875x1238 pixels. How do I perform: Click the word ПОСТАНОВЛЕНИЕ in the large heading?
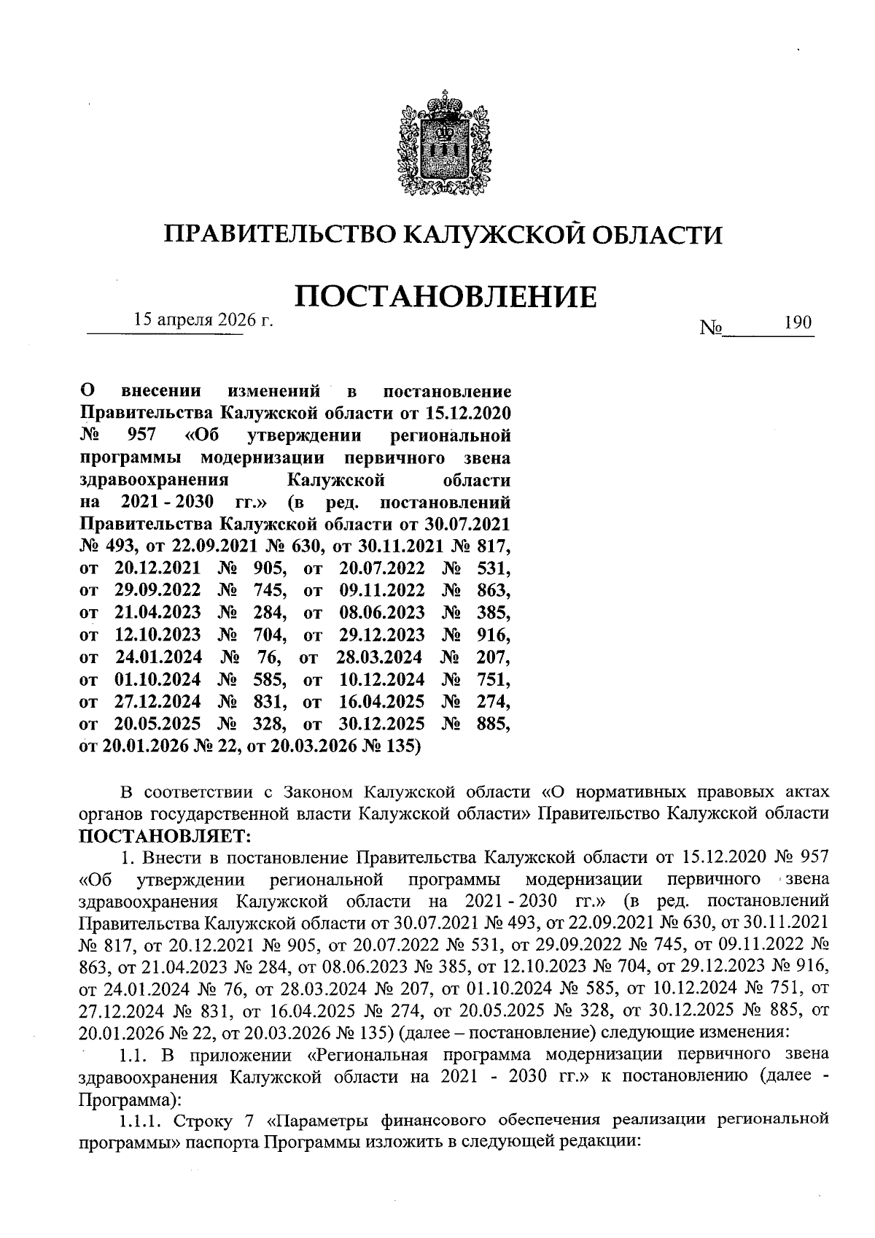click(445, 297)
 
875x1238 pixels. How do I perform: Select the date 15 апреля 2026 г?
click(202, 320)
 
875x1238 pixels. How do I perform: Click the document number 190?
click(798, 322)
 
